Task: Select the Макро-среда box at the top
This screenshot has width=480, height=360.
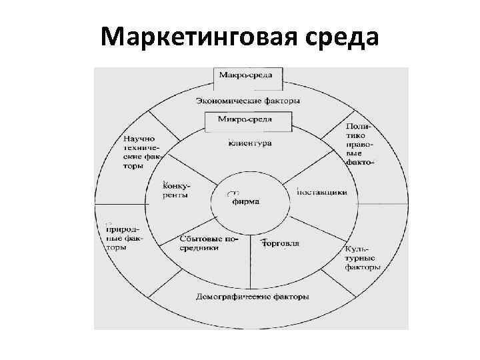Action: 246,75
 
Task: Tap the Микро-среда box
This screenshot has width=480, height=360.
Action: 246,121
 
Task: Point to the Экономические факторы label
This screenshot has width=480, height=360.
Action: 248,101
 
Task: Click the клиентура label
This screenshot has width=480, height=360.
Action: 250,143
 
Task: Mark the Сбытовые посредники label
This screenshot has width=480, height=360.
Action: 209,243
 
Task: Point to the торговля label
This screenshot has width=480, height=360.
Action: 281,243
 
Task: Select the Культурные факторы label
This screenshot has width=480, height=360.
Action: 363,259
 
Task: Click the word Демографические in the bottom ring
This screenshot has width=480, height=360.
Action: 233,296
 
